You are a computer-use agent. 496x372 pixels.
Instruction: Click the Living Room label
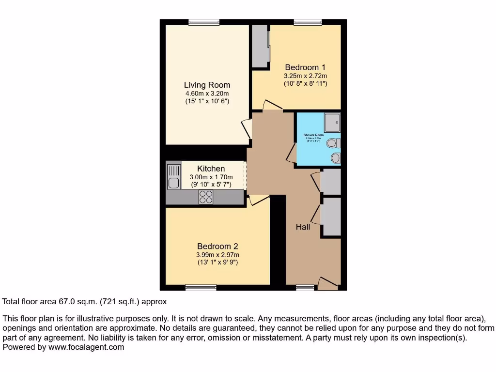tap(207, 85)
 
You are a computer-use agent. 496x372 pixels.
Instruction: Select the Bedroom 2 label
tap(217, 246)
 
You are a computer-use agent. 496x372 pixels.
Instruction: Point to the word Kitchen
tap(211, 169)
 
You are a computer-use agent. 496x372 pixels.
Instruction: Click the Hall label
tap(303, 227)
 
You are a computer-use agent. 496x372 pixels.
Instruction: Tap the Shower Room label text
tap(313, 135)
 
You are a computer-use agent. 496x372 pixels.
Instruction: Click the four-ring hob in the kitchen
tap(206, 197)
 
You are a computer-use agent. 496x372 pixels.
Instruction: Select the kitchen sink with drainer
tap(173, 177)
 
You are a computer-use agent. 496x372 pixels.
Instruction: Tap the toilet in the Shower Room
tap(333, 143)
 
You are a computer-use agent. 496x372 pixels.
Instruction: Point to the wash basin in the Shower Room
tap(335, 158)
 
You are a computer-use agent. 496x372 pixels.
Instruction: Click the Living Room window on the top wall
tap(203, 22)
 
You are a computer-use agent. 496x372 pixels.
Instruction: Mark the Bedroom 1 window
tap(308, 22)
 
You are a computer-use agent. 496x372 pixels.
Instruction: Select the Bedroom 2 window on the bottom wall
tap(201, 288)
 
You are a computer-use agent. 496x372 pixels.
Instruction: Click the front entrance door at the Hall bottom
tap(327, 284)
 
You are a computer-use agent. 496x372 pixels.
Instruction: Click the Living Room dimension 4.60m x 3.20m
tap(207, 93)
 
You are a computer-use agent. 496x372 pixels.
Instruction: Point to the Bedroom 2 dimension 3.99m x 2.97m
tap(217, 255)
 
